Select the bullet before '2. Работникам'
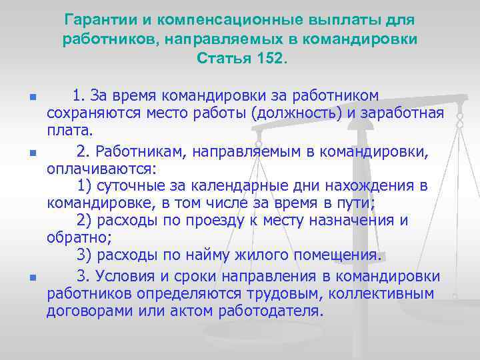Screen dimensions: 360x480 (32, 152)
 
